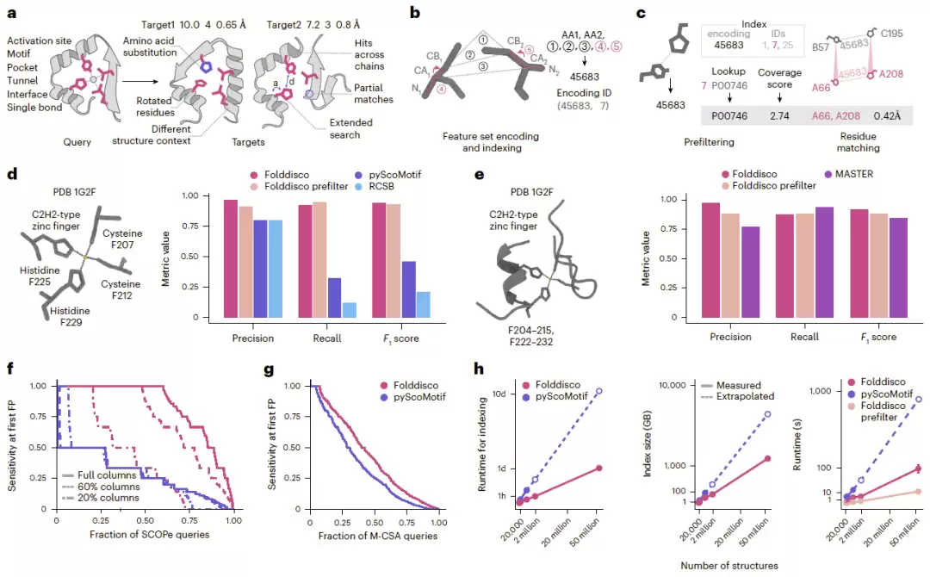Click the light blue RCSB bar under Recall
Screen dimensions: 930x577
click(350, 310)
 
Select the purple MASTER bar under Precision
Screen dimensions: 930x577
click(750, 272)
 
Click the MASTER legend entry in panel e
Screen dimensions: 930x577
click(849, 174)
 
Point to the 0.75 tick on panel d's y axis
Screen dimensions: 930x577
click(190, 226)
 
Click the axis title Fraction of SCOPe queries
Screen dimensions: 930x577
click(150, 534)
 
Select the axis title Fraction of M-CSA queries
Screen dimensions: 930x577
click(378, 536)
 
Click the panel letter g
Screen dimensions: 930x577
click(269, 370)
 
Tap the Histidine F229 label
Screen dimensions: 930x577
click(70, 317)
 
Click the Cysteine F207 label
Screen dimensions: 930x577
click(122, 239)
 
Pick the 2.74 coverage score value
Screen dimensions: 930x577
click(779, 115)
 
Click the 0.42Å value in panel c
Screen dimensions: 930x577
click(887, 115)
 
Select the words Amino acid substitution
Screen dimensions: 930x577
click(150, 47)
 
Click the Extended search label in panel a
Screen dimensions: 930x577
click(350, 128)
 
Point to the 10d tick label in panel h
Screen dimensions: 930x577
click(499, 394)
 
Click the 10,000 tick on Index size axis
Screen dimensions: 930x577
click(672, 386)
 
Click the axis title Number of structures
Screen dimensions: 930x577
click(729, 566)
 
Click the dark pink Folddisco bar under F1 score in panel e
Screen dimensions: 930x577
click(860, 264)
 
